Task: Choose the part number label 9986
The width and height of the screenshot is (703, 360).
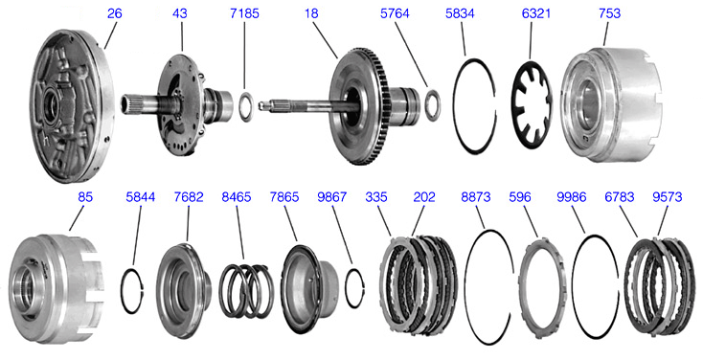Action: click(x=572, y=197)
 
